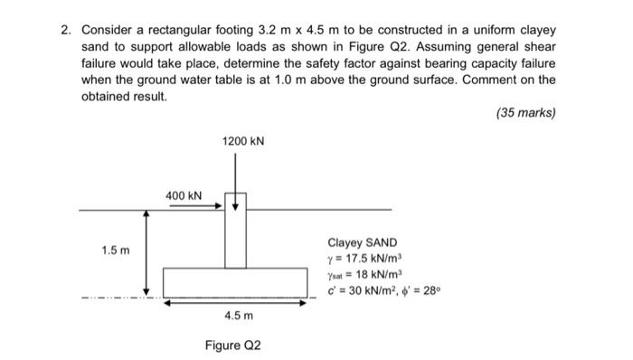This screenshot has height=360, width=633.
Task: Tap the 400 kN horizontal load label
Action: pyautogui.click(x=184, y=195)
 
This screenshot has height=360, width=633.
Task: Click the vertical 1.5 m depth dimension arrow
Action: pyautogui.click(x=146, y=252)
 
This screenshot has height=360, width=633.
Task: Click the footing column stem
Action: pyautogui.click(x=236, y=239)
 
